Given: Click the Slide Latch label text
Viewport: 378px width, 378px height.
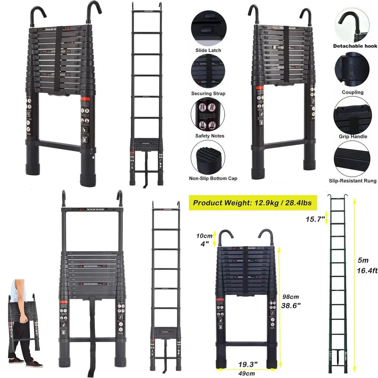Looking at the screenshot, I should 208,50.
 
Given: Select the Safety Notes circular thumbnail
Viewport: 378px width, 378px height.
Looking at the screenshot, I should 208,113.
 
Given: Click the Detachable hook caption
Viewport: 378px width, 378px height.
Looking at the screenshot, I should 355,46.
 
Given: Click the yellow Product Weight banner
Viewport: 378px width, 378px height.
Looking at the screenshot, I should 253,203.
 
